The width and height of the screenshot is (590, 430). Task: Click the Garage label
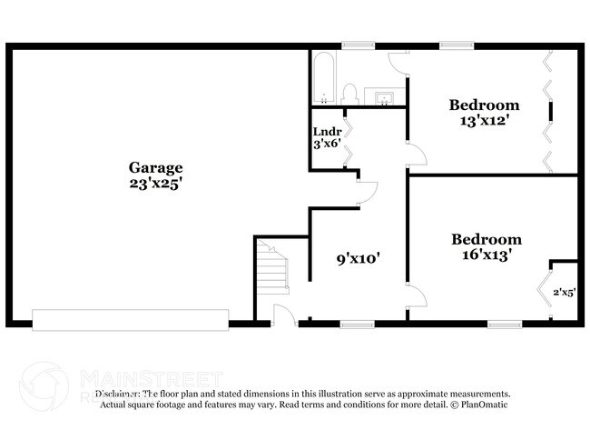click(x=155, y=167)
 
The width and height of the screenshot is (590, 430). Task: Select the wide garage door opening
click(x=131, y=318)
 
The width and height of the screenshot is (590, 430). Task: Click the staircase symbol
click(x=272, y=270)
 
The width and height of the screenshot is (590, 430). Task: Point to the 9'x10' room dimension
click(x=357, y=258)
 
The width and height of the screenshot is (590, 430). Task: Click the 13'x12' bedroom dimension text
click(x=485, y=120)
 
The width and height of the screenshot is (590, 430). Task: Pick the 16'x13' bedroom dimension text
click(x=487, y=255)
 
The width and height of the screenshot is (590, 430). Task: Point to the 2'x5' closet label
click(x=564, y=292)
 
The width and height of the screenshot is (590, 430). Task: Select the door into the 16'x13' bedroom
click(x=415, y=295)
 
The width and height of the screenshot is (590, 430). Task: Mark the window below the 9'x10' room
click(x=357, y=323)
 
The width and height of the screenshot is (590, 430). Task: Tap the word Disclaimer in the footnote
click(x=116, y=395)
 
